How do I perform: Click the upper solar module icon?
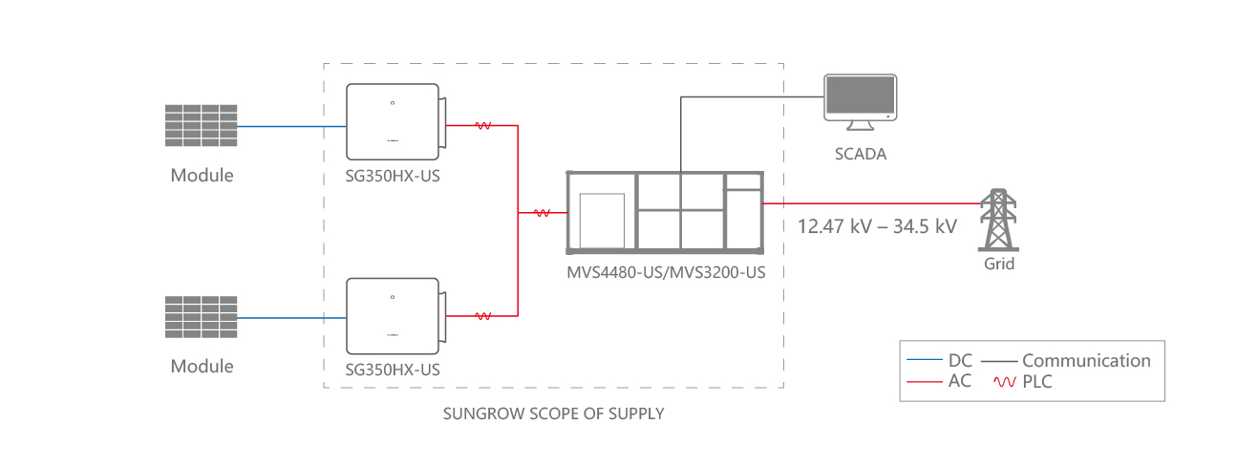tap(200, 125)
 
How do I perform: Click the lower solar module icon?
tap(200, 316)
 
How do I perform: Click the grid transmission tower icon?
tap(999, 220)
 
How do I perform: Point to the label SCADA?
tap(861, 153)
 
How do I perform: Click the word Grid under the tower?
tap(1000, 264)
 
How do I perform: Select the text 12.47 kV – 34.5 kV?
tap(877, 227)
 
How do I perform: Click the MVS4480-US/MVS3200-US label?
tap(666, 273)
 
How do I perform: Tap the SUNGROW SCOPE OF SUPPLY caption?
tap(553, 414)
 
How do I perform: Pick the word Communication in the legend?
tap(1086, 361)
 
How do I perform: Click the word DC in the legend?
tap(960, 361)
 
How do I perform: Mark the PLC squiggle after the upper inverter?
tap(483, 125)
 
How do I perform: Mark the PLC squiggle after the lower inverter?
tap(483, 316)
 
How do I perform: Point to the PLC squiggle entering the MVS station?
tap(542, 214)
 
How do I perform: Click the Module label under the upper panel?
tap(202, 176)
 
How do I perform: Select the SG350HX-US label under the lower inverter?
tap(394, 369)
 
